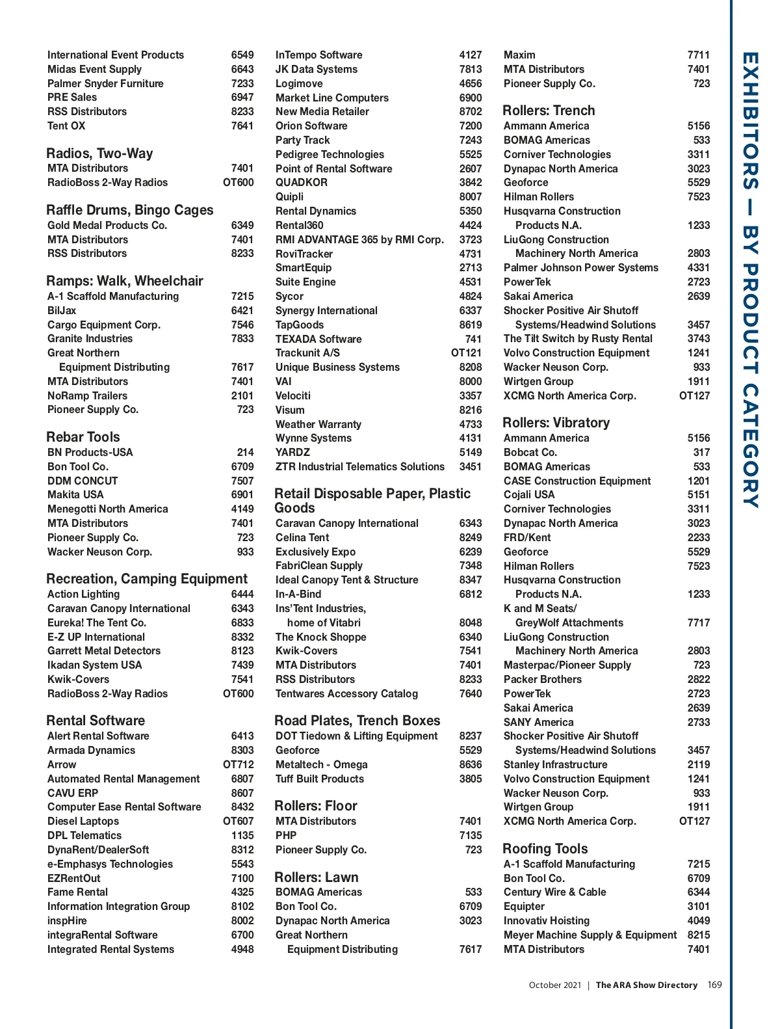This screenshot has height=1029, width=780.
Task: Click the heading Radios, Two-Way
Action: point(99,154)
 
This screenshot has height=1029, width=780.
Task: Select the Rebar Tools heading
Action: point(83,437)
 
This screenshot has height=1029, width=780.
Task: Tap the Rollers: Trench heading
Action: point(549,111)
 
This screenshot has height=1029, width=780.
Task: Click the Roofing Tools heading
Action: point(545,849)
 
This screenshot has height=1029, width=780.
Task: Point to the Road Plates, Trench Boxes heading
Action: point(357,721)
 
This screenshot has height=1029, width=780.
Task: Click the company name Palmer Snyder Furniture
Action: point(105,83)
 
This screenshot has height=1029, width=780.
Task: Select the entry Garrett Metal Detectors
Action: point(104,650)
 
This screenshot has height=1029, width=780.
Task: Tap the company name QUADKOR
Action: point(302,183)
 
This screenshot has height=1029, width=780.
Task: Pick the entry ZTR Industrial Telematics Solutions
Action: point(360,466)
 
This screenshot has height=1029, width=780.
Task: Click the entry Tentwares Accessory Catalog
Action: point(346,693)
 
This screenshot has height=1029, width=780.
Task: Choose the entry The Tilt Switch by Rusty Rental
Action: point(578,338)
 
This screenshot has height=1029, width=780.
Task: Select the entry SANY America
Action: point(538,722)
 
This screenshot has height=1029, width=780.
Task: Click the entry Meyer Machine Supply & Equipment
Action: point(590,935)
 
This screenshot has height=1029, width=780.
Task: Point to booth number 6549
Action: point(242,55)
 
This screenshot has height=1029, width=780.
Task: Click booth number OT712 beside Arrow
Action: point(239,764)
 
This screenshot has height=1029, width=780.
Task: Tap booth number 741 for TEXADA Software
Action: point(473,339)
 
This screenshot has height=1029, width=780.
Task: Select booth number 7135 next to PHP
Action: point(471,835)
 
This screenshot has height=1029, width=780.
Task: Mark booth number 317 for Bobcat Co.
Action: point(701,452)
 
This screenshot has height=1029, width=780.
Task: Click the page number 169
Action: point(714,985)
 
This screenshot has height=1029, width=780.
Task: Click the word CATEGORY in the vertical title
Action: point(750,446)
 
